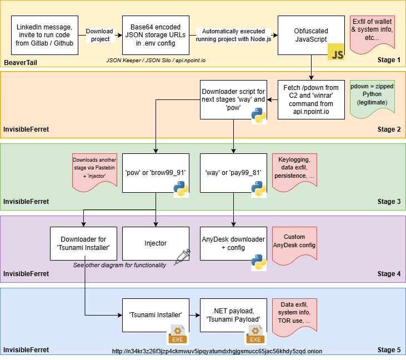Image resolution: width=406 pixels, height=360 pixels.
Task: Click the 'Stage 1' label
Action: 389,60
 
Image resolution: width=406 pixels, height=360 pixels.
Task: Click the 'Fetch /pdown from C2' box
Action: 310,99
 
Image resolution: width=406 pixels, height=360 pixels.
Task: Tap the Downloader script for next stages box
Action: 233,99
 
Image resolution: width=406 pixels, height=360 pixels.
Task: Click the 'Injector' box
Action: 155,243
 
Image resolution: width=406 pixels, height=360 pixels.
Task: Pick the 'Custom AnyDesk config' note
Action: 294,241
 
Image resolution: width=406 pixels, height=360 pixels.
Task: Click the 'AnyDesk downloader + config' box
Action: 233,243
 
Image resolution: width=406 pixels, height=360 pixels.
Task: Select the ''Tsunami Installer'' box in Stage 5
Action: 155,314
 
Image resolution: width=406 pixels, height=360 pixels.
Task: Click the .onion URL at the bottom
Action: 217,351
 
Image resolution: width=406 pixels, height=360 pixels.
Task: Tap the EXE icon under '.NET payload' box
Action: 255,336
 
